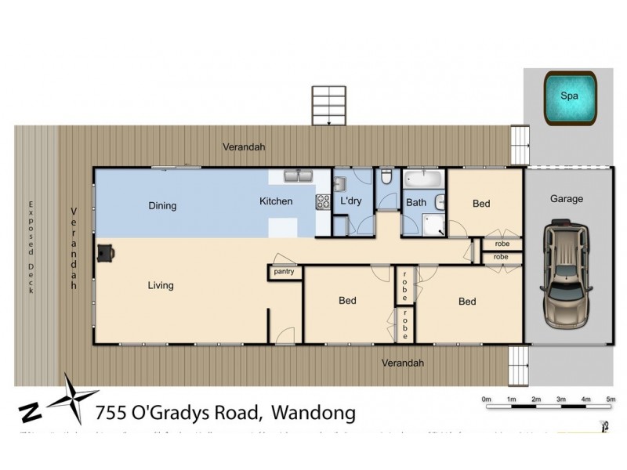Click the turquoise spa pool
click(570, 96)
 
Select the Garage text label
click(566, 199)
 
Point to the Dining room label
click(162, 206)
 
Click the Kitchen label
click(276, 201)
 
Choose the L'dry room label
click(350, 201)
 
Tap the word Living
click(161, 285)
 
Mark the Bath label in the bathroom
click(415, 202)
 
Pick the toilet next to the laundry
click(386, 180)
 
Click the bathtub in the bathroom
click(424, 179)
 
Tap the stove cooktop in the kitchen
click(322, 201)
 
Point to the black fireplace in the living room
click(105, 251)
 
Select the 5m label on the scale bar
click(611, 400)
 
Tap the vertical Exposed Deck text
click(32, 247)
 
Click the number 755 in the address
click(110, 413)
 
